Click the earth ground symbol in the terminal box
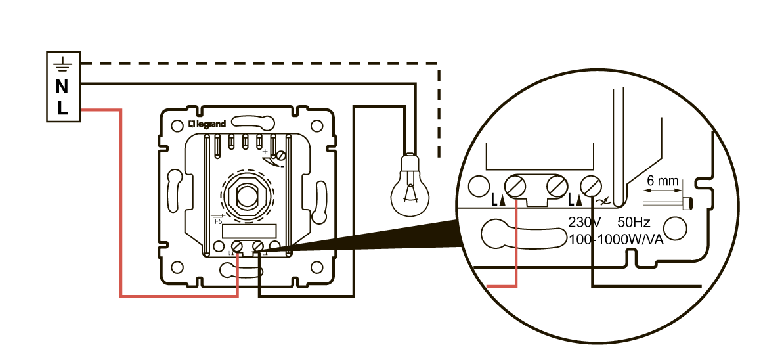[62, 64]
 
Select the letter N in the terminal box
[62, 85]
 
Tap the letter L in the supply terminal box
[62, 108]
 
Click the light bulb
[410, 185]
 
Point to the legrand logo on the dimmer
[207, 124]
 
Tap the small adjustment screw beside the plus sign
[281, 156]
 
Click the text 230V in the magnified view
[584, 222]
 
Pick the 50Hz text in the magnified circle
[634, 222]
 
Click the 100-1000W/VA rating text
[617, 239]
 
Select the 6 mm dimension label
[660, 179]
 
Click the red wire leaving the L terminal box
[121, 197]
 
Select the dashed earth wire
[263, 64]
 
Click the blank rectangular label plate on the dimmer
[249, 231]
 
